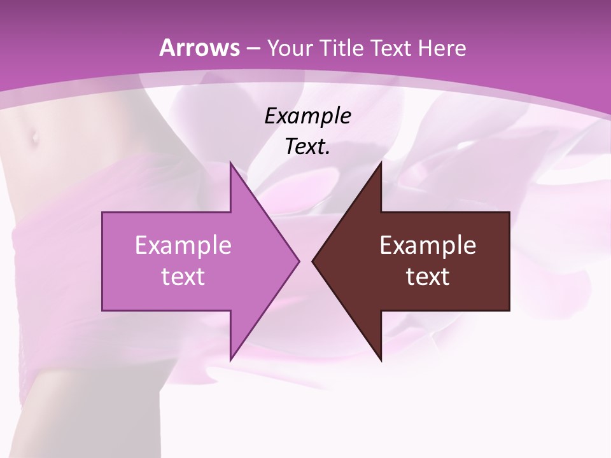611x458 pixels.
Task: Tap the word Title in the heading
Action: coord(339,48)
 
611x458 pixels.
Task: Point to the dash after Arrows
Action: coord(252,48)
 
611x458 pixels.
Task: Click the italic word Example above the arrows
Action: coord(307,116)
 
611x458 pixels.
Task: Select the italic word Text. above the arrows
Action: coord(307,146)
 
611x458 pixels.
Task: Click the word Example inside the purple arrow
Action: coord(183,245)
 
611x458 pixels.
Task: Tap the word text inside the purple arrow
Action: coord(183,276)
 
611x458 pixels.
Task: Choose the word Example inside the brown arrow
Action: coord(428,245)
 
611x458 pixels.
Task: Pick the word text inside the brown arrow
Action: coord(428,276)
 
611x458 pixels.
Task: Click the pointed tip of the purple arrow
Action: coord(298,261)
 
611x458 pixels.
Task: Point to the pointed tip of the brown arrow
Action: coord(313,261)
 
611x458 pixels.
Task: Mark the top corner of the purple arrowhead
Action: coord(230,162)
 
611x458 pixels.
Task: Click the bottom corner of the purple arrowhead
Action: coord(230,360)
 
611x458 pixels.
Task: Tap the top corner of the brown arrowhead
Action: coord(381,162)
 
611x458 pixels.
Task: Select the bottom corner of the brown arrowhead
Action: coord(381,360)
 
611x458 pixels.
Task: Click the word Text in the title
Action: coord(390,48)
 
